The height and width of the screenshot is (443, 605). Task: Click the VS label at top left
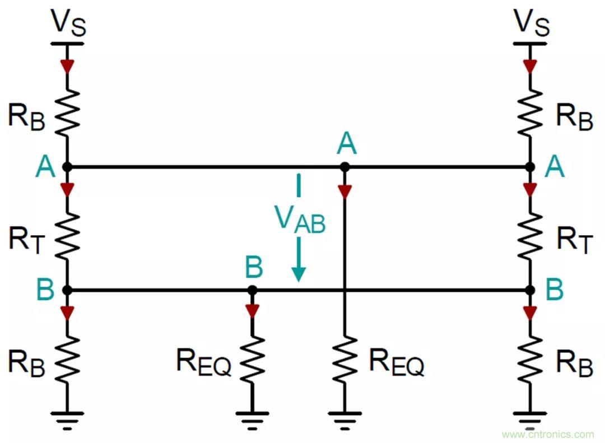[68, 22]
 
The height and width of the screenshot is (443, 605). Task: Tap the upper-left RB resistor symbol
[67, 111]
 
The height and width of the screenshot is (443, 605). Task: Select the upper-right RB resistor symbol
[529, 111]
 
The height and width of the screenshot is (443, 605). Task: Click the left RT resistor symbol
[67, 235]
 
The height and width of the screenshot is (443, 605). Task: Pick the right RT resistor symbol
[529, 235]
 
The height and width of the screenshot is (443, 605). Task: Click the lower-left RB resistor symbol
[67, 358]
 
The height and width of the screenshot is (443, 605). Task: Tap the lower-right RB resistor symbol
[529, 358]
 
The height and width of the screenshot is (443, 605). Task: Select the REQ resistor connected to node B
[253, 358]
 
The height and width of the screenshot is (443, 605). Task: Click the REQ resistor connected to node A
[345, 358]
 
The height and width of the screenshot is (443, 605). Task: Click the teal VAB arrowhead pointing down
[299, 273]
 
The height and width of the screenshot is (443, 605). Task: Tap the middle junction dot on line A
[345, 167]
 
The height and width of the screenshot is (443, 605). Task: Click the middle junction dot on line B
[253, 290]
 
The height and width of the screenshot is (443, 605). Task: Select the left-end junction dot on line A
[67, 167]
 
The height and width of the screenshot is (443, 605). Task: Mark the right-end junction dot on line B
[529, 290]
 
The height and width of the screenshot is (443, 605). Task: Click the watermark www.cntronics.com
[547, 434]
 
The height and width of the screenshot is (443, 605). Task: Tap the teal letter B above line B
[254, 268]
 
